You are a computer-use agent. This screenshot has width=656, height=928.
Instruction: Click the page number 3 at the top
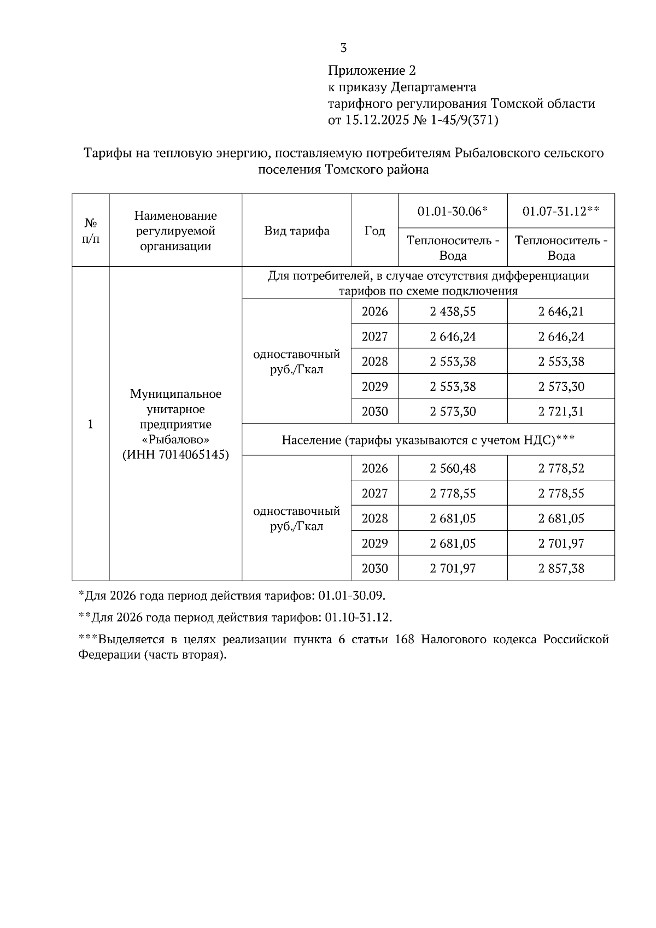click(x=343, y=48)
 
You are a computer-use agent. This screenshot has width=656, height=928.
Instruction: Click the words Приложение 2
click(x=372, y=71)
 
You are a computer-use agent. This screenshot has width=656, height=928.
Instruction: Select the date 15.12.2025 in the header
click(x=377, y=120)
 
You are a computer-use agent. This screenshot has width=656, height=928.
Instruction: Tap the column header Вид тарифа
click(x=297, y=231)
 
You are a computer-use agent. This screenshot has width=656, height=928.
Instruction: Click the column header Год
click(x=374, y=231)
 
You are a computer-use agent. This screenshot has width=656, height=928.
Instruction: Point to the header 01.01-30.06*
click(x=452, y=211)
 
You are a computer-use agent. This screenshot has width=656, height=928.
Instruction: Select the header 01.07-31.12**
click(x=561, y=211)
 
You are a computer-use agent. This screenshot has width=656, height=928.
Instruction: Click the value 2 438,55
click(x=453, y=312)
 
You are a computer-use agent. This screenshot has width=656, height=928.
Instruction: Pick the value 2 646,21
click(x=561, y=312)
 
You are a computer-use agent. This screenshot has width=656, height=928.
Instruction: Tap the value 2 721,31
click(x=561, y=412)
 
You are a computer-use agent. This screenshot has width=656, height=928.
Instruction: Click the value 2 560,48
click(x=453, y=468)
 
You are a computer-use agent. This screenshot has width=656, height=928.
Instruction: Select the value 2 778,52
click(x=561, y=468)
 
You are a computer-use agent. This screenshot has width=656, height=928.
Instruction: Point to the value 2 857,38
click(x=561, y=568)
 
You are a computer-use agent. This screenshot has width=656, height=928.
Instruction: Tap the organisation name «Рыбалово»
click(x=175, y=439)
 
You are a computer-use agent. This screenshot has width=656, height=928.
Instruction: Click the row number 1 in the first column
click(x=91, y=424)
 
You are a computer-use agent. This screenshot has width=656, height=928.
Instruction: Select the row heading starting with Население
click(x=427, y=440)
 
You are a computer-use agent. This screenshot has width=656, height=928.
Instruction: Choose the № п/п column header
click(x=91, y=231)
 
